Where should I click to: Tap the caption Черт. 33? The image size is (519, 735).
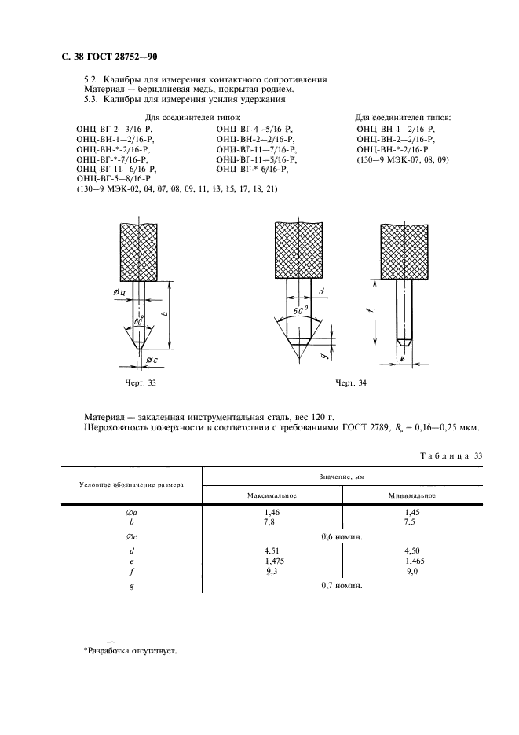[x=141, y=383]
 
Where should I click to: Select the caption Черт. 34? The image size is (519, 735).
[x=351, y=383]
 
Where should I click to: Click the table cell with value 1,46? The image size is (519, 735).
[x=272, y=512]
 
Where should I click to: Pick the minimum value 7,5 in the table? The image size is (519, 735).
[x=409, y=521]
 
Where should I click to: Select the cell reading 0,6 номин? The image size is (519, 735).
[x=342, y=536]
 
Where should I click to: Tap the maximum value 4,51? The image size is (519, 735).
[x=272, y=551]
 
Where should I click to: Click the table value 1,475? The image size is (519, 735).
[x=274, y=561]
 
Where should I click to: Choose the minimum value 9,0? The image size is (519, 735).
[x=411, y=571]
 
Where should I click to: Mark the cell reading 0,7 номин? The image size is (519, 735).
[x=342, y=586]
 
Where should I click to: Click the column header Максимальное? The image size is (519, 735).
[x=272, y=495]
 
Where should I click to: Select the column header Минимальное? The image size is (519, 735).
[x=412, y=495]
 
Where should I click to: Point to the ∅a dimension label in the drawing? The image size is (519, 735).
[x=120, y=292]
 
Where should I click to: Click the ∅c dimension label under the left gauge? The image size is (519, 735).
[x=151, y=360]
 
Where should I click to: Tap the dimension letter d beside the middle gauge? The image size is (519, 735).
[x=321, y=291]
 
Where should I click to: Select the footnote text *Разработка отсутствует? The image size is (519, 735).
[x=130, y=651]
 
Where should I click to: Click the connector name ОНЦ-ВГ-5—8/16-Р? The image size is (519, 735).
[x=114, y=179]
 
